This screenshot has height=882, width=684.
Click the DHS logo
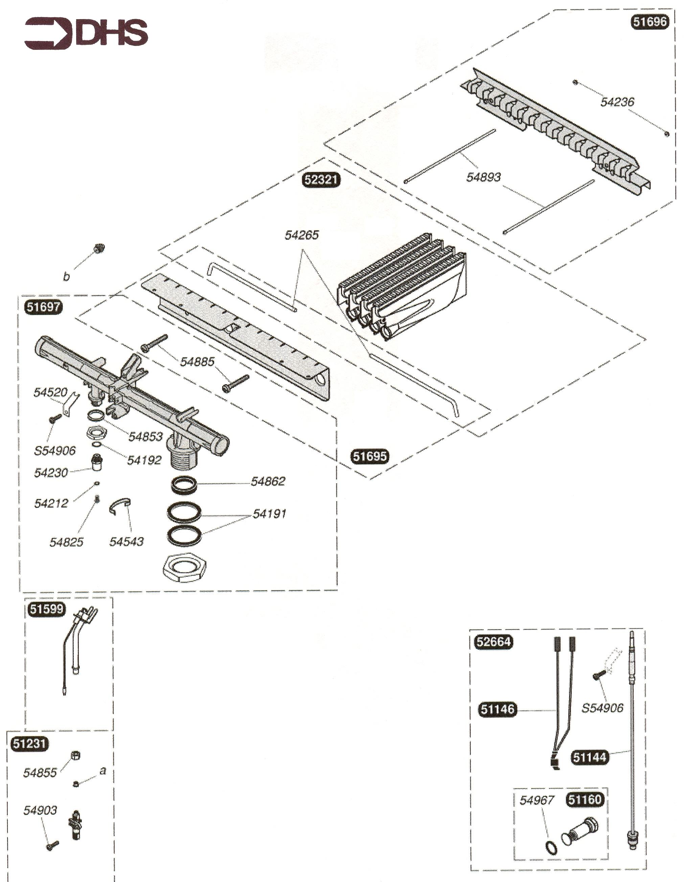pos(86,33)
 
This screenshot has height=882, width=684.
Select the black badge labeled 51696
pos(649,21)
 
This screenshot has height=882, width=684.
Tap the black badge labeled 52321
pos(321,179)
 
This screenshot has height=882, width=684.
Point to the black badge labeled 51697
pos(44,307)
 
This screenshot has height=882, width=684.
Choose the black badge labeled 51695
pos(370,456)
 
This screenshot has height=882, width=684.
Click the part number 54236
pos(617,102)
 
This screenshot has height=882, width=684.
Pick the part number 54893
pos(483,177)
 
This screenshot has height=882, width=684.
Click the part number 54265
pos(301,235)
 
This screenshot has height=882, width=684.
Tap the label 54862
pos(268,481)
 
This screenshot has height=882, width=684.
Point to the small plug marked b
pos(98,248)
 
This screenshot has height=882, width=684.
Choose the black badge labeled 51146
pos(497,709)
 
